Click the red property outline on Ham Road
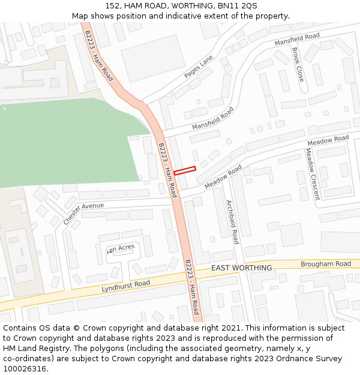tap(185, 171)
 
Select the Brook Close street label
tap(298, 65)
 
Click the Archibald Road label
tap(232, 222)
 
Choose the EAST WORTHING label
tap(241, 268)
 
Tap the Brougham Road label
tap(326, 264)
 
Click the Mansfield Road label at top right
tap(297, 40)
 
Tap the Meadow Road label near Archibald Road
tap(223, 176)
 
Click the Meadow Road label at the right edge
tap(328, 141)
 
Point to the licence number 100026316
tap(26, 368)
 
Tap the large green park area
tap(66, 144)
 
